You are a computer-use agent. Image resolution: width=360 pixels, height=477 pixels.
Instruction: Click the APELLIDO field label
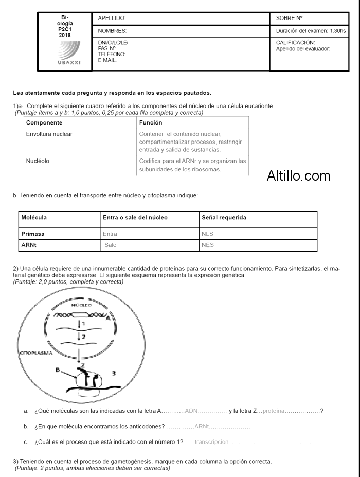[112, 18]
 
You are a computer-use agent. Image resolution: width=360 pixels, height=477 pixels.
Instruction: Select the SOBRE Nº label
[290, 18]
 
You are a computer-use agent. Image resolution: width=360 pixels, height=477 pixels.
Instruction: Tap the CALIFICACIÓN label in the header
[295, 43]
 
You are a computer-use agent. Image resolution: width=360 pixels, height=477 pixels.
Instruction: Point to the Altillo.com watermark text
[298, 176]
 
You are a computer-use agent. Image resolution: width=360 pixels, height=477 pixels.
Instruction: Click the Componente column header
[44, 123]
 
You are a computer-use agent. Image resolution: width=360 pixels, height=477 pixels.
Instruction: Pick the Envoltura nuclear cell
[49, 134]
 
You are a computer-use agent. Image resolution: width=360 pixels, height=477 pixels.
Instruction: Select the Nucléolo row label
[38, 161]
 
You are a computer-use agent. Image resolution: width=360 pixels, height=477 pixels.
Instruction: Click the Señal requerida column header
[224, 218]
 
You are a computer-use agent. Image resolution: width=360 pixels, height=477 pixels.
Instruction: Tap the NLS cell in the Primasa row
[208, 234]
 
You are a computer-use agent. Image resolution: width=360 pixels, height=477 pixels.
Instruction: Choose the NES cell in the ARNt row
[208, 245]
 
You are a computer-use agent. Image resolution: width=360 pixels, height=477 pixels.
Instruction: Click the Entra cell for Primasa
[110, 234]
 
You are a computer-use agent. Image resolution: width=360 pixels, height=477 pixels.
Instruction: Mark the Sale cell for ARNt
[111, 245]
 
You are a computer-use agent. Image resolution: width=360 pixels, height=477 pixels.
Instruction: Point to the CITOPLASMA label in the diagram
[36, 354]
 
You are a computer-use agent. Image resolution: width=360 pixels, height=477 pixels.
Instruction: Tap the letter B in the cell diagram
[58, 370]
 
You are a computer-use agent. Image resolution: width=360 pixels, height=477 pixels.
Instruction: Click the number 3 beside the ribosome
[114, 373]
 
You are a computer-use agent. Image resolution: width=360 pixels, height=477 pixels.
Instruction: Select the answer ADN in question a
[191, 411]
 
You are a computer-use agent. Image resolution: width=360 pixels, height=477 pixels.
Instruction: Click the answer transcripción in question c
[211, 443]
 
